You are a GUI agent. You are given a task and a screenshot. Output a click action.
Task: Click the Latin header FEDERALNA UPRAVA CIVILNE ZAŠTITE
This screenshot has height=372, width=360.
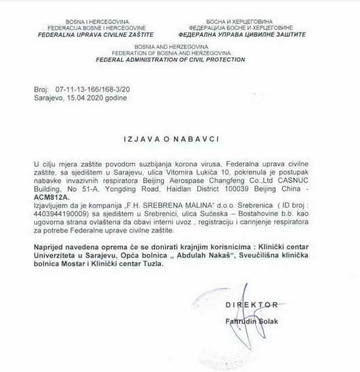96,34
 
